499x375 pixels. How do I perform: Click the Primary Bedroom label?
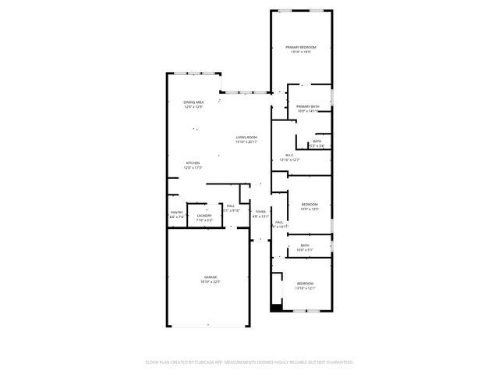(x=301, y=48)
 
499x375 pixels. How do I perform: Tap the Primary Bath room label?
(x=307, y=106)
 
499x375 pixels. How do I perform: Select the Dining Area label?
(x=193, y=102)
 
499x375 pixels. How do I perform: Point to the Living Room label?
(x=246, y=137)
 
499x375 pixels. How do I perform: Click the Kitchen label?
(x=193, y=163)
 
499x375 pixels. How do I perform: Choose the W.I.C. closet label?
(x=289, y=155)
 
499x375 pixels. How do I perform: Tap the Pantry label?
(x=177, y=212)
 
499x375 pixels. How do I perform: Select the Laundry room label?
(x=204, y=216)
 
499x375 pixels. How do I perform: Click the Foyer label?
(x=260, y=212)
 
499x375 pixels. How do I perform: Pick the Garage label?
(x=211, y=277)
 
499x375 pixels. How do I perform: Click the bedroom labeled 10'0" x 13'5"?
(x=310, y=209)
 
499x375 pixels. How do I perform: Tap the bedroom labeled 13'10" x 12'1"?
(x=304, y=287)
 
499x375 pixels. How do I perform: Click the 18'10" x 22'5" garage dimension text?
(x=211, y=282)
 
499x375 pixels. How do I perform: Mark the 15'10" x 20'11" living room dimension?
(x=246, y=142)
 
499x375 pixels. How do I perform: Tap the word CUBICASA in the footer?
(x=222, y=362)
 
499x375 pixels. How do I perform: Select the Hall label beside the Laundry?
(x=231, y=205)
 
